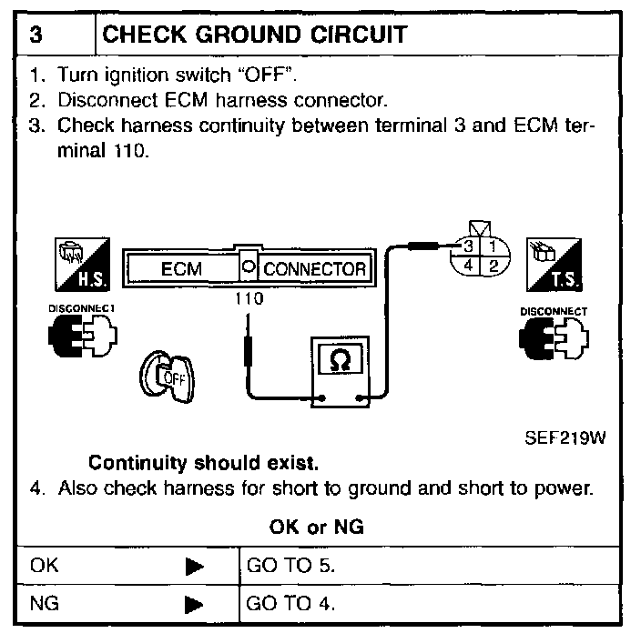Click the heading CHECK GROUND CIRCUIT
(x=255, y=35)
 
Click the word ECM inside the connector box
(x=181, y=269)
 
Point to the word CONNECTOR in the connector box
(x=314, y=269)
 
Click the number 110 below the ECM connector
(x=249, y=297)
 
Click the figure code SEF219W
(x=565, y=437)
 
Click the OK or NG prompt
(x=318, y=527)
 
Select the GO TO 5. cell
(x=291, y=565)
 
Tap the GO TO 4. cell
(x=291, y=603)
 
